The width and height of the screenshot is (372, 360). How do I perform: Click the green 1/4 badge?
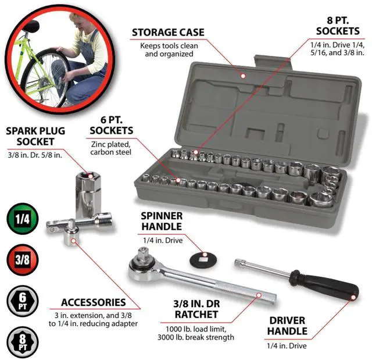pos(22,219)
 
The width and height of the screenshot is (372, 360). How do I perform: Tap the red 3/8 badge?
pos(22,259)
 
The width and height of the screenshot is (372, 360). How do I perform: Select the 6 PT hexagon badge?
pos(22,301)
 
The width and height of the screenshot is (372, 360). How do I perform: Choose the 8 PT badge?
pos(22,342)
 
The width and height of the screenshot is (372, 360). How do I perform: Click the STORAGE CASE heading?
pos(168,32)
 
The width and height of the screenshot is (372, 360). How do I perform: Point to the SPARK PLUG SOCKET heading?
pos(35,136)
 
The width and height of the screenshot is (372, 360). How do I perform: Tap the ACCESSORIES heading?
pos(93,302)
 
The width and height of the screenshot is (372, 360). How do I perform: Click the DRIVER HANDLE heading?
pos(287,326)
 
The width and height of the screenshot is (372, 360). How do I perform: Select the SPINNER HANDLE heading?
pos(162,221)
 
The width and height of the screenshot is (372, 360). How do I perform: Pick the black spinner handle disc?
pos(203,259)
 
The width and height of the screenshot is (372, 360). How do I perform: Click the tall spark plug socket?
pos(88,194)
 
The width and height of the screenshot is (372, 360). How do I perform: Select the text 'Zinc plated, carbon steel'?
pos(110,148)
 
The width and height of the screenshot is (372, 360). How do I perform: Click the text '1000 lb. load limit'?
pos(196,329)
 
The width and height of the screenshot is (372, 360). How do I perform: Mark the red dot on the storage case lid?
pos(243,76)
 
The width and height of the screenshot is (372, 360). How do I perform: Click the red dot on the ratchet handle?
pos(259,295)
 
